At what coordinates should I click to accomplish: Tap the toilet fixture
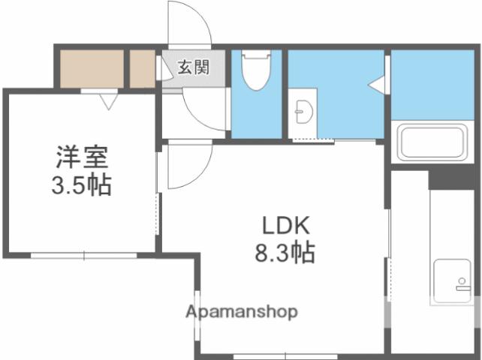click(255, 70)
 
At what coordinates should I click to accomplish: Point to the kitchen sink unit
click(450, 282)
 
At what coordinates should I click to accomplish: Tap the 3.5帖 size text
click(82, 184)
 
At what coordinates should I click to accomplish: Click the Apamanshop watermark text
click(242, 311)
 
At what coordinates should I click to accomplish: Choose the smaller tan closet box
click(141, 69)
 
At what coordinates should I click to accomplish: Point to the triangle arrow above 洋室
click(108, 99)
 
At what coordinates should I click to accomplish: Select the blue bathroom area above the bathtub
click(432, 84)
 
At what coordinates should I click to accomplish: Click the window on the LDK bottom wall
click(270, 355)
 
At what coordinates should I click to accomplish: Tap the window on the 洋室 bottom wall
click(83, 256)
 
